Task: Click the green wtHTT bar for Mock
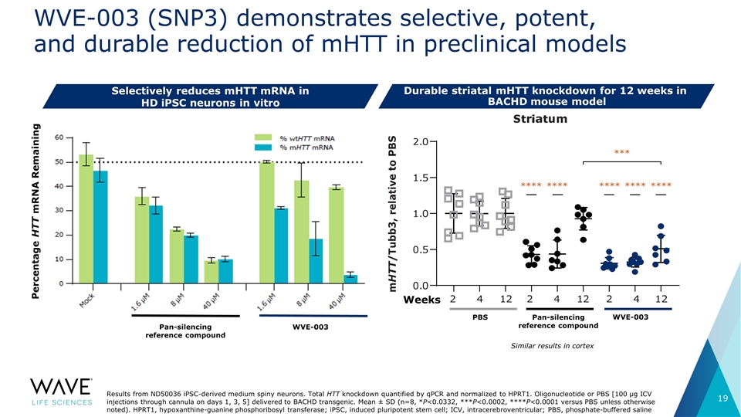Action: (86, 220)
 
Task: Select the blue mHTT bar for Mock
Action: (100, 228)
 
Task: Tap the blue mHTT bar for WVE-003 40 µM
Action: (350, 279)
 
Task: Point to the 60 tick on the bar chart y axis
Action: (59, 137)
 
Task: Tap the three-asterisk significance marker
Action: (622, 152)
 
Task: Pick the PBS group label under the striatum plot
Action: (479, 317)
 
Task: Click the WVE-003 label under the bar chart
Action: (310, 327)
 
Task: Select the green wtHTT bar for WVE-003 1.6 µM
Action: (267, 222)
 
